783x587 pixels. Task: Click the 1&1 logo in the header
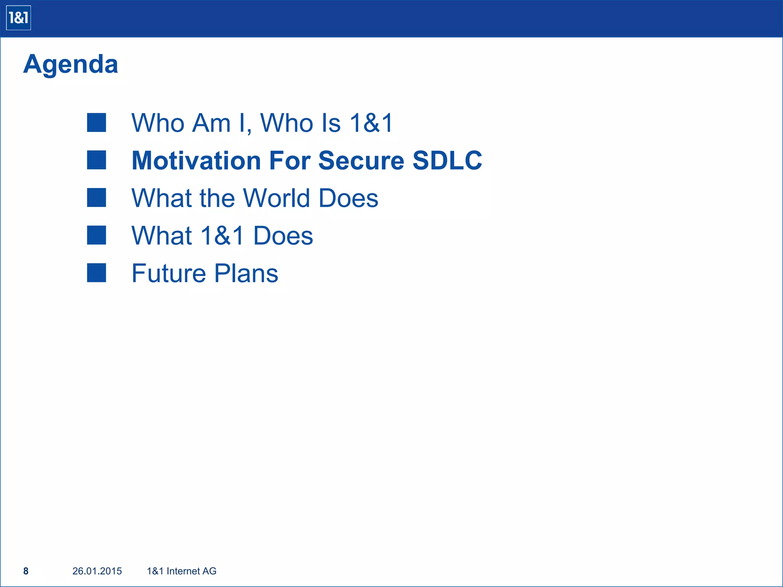pos(18,18)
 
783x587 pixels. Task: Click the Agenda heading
pos(71,64)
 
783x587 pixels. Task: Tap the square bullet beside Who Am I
pos(96,123)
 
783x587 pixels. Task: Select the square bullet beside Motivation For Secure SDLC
pos(96,160)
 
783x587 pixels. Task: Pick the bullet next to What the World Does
pos(96,198)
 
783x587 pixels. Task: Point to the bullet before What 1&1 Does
pos(96,235)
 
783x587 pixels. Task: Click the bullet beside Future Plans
pos(96,273)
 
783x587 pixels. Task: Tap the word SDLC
pos(447,161)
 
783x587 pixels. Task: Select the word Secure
pos(361,161)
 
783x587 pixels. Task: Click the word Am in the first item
pos(211,123)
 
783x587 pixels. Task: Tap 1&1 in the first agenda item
pos(371,123)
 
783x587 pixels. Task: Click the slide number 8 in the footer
pos(26,571)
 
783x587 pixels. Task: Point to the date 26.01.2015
pos(97,571)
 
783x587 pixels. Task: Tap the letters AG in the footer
pos(210,571)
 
